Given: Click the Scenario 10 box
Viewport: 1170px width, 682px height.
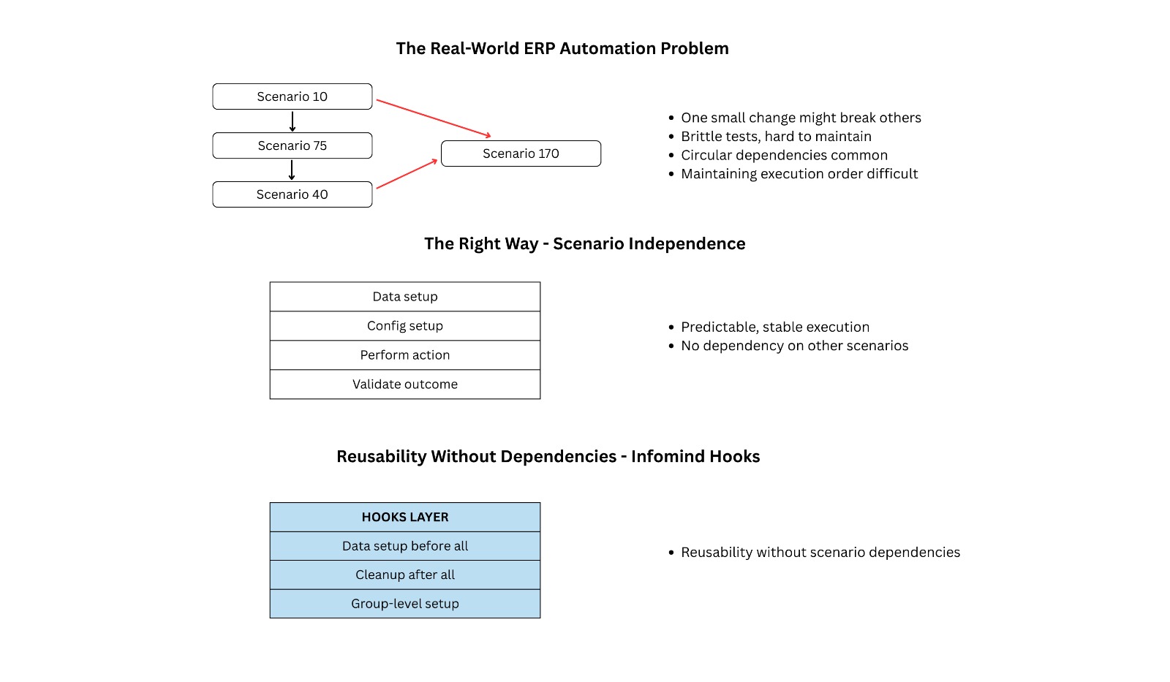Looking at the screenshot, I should coord(292,96).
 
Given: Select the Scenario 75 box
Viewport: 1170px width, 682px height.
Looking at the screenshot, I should coord(292,145).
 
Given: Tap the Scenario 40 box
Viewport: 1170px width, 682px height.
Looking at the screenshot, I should coord(292,194).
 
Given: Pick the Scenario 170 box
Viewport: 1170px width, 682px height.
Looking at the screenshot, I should coord(521,154).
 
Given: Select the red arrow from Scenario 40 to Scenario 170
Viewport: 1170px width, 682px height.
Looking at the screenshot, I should coord(407,174).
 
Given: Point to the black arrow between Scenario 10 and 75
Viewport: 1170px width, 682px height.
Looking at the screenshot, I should coord(292,121).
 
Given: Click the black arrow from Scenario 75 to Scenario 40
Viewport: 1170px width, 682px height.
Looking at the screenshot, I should coord(292,170).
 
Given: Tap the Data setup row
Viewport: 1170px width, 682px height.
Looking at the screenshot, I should coord(404,297).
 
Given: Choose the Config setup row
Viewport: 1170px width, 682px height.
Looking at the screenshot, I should coord(404,326).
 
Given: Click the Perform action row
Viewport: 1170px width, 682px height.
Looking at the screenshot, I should coord(404,355).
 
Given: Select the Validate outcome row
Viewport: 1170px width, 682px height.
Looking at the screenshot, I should coord(404,384).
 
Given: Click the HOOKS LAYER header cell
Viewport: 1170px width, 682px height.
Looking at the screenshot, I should coord(404,517).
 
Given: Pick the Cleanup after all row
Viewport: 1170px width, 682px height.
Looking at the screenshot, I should coord(404,575).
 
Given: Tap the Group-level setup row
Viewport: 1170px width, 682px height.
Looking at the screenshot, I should coord(404,604).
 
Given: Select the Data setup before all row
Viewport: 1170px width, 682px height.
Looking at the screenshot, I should coord(404,546).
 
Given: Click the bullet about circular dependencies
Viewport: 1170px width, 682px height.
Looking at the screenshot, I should coord(784,155).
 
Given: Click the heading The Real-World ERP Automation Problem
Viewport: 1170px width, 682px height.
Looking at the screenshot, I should coord(562,48).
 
